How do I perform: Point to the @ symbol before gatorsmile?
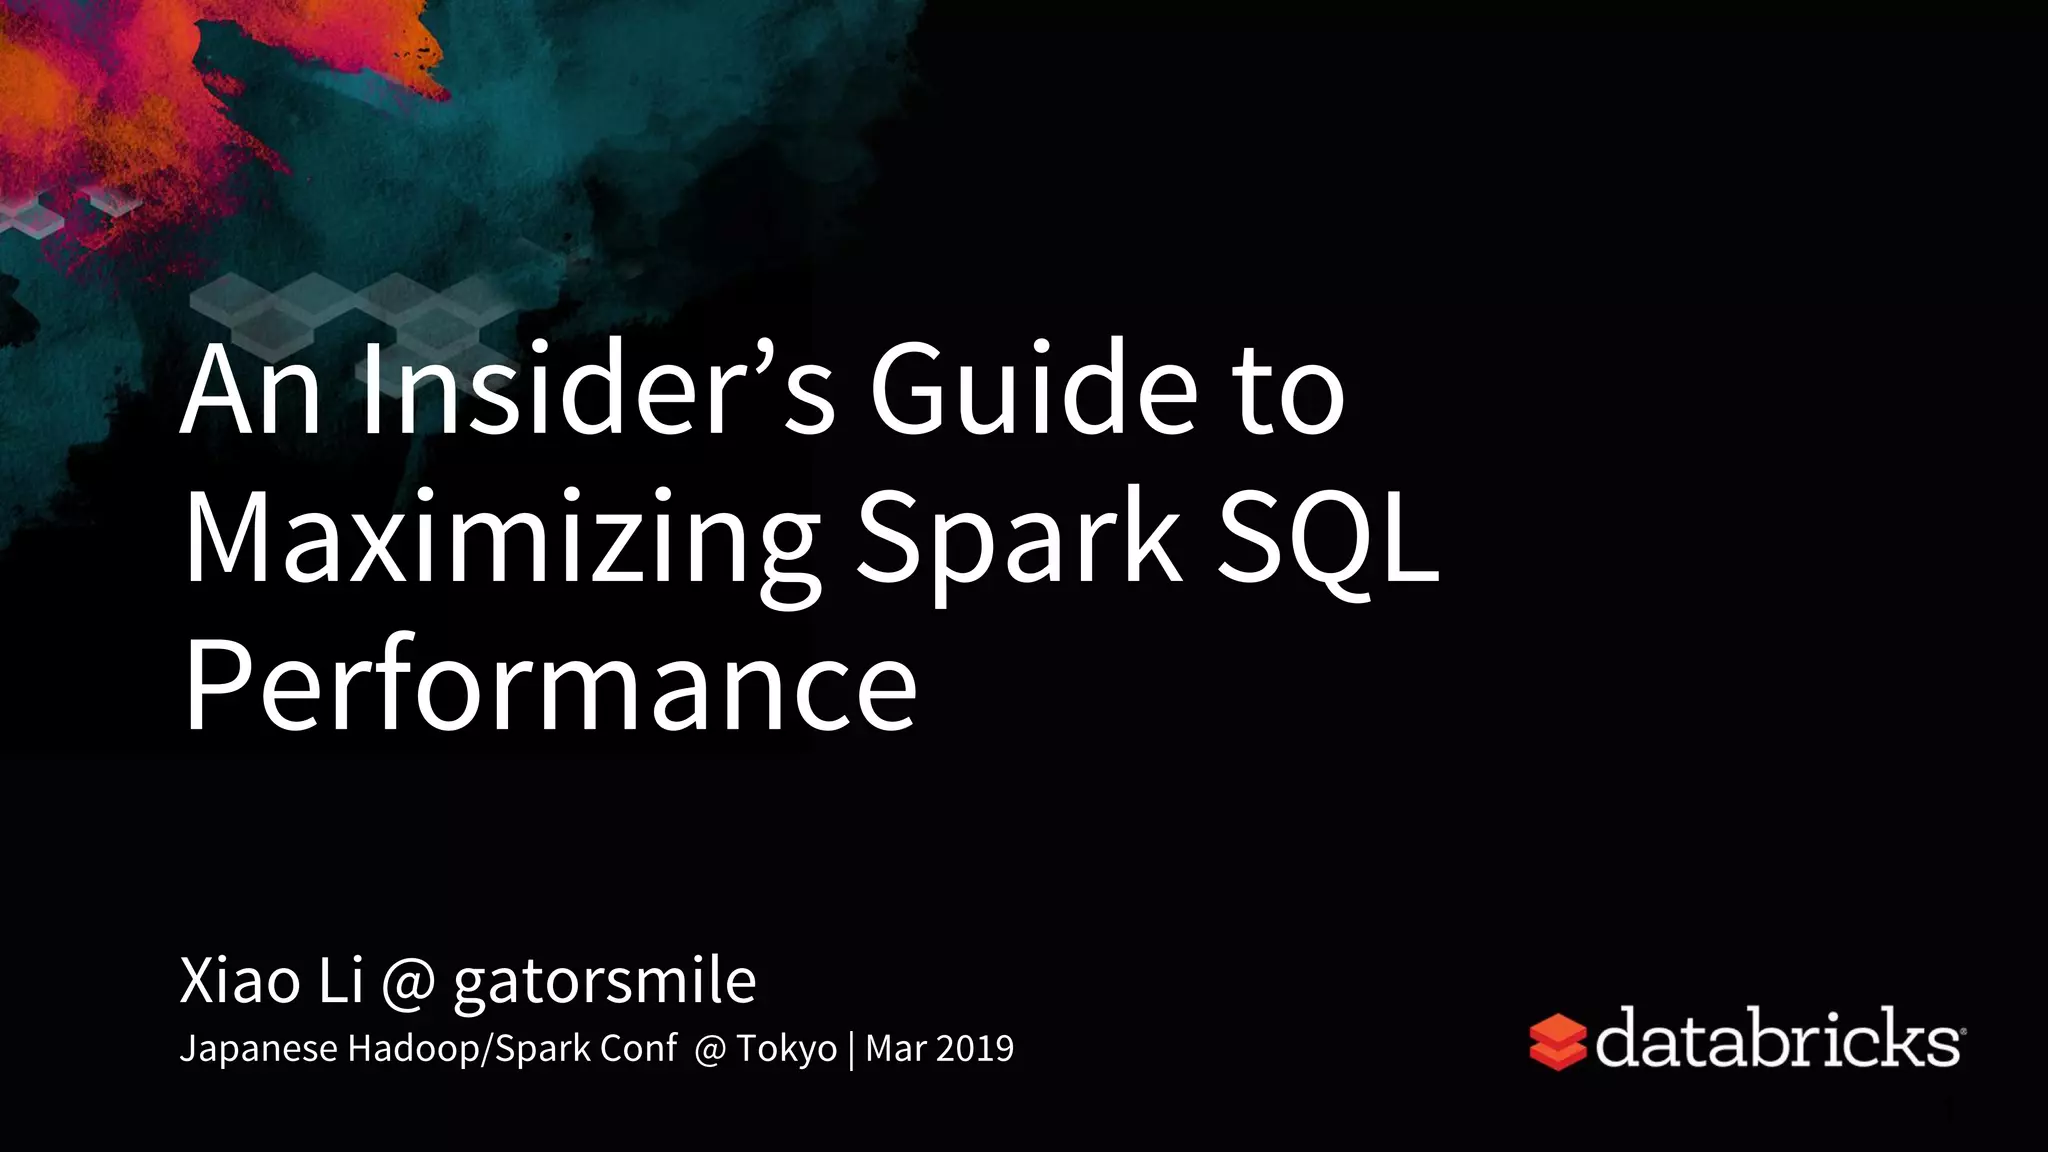point(408,982)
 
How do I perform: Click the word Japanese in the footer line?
point(258,1048)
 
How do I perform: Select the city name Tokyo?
point(786,1048)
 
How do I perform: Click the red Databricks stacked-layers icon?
point(1558,1042)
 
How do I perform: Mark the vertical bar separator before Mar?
point(851,1049)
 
